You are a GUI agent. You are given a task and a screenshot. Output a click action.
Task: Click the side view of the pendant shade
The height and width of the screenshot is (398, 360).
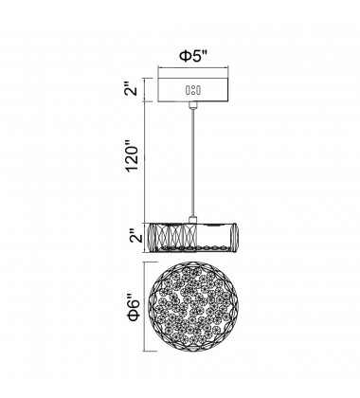click(193, 237)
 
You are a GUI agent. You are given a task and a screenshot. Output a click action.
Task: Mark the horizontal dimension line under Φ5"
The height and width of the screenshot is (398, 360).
click(192, 66)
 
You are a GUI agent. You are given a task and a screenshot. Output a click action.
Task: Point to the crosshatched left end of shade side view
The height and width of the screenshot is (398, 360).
click(157, 237)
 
